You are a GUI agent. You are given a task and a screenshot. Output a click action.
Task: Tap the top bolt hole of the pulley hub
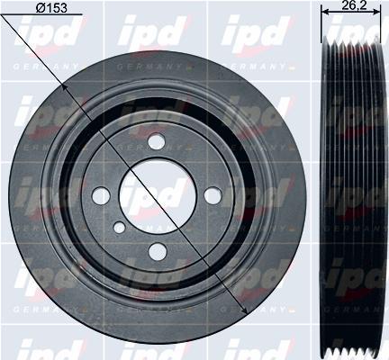(157, 141)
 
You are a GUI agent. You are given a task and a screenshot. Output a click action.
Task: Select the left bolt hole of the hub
(102, 195)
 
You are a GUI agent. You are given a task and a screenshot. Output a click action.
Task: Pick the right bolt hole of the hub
(213, 195)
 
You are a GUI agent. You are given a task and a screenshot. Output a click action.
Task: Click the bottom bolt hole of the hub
(157, 251)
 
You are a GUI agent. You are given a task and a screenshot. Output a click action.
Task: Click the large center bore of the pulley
(157, 196)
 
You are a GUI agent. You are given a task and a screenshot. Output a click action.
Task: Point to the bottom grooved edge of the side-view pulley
(354, 348)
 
